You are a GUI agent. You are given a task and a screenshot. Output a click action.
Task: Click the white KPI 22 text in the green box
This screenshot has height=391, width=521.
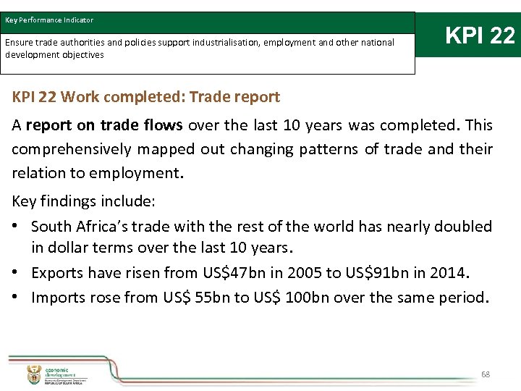(x=480, y=35)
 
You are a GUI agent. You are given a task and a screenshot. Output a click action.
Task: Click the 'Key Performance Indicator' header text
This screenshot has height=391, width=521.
(x=49, y=20)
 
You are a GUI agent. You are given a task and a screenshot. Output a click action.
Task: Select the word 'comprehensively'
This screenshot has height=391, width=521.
(x=69, y=149)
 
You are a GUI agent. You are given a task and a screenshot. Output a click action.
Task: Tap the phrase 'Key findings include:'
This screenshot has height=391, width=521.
(x=83, y=202)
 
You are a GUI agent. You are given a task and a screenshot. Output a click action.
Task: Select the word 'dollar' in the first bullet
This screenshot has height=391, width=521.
(x=69, y=248)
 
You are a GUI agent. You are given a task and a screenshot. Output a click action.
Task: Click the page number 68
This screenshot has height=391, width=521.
(x=486, y=374)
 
